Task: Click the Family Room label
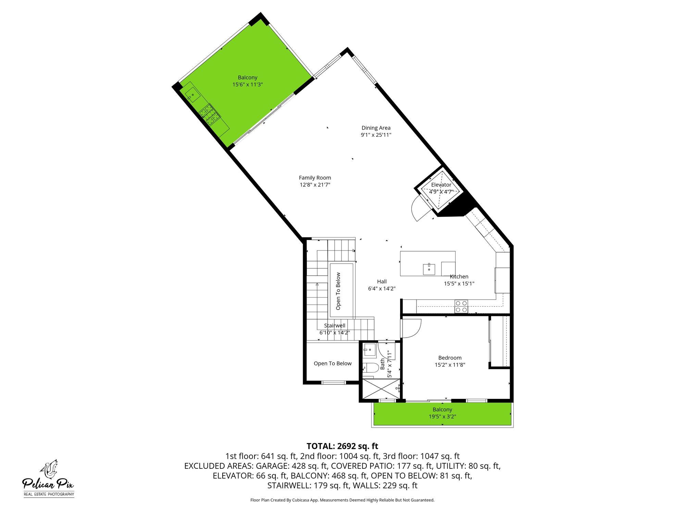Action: (315, 178)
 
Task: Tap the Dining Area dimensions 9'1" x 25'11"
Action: (376, 135)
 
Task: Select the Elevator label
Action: (441, 185)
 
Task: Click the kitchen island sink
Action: (429, 268)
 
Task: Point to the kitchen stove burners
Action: (461, 306)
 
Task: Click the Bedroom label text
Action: (450, 358)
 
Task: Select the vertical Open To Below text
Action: (338, 291)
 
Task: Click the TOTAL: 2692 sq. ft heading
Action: (342, 446)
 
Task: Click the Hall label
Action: (382, 281)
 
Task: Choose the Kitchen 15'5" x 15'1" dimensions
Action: (459, 283)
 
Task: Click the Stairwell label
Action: (335, 326)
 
